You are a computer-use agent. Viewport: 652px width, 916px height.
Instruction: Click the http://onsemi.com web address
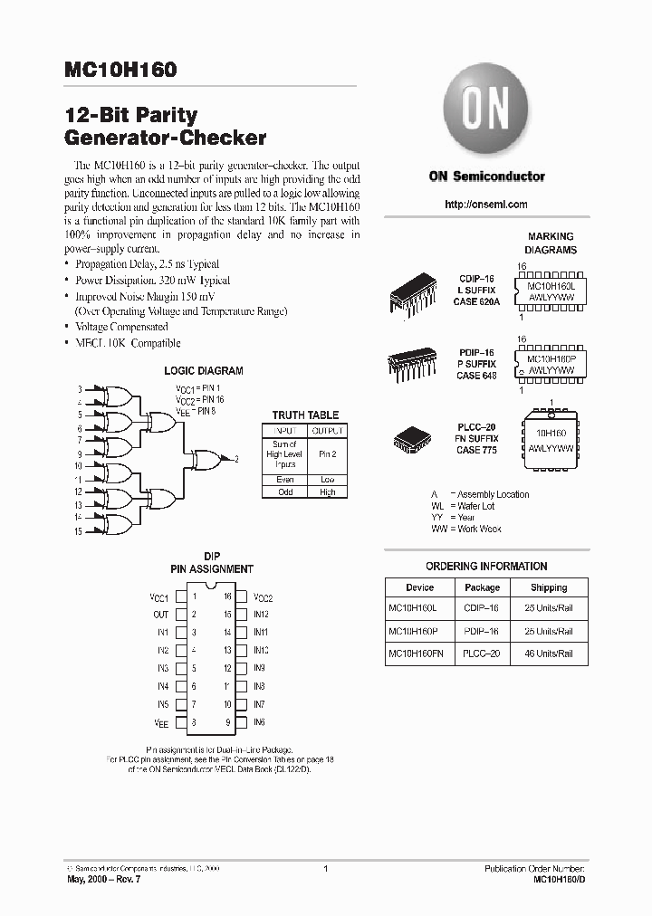pos(486,205)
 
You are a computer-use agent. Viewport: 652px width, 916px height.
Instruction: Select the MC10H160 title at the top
pos(120,70)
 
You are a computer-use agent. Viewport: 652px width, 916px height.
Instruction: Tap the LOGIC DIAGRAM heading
pos(203,371)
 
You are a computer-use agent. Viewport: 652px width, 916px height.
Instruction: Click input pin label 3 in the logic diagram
pos(80,388)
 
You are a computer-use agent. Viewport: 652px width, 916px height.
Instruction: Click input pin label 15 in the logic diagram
pos(78,532)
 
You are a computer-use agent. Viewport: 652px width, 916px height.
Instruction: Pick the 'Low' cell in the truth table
pos(327,480)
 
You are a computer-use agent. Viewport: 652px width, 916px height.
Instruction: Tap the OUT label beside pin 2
pos(160,615)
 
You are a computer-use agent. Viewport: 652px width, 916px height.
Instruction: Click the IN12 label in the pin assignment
pos(261,615)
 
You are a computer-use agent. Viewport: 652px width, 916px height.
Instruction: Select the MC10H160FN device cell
pos(419,653)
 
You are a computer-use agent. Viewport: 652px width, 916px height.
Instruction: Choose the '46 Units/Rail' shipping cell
pos(549,653)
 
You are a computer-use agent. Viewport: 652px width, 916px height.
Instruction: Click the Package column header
pos(482,587)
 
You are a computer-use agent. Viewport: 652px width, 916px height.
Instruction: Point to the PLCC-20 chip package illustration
pos(411,438)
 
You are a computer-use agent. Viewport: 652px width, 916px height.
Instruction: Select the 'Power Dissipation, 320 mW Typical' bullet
pos(153,281)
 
